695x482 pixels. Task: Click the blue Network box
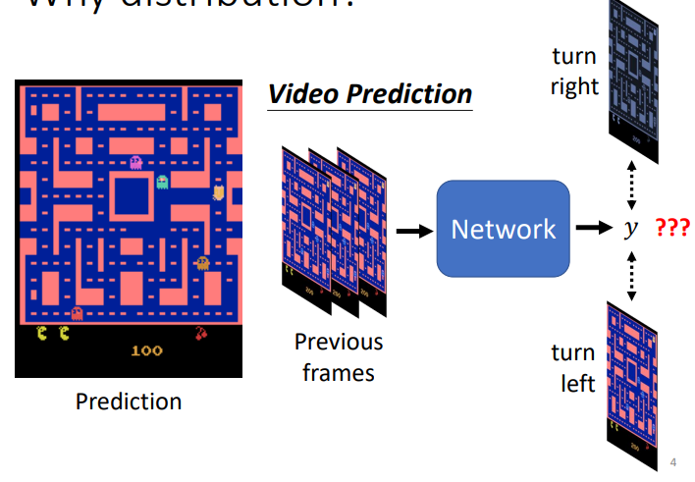(503, 229)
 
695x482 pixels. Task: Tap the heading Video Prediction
(370, 94)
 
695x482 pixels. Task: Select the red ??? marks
(672, 229)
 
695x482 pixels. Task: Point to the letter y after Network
(631, 229)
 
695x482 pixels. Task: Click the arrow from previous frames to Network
(414, 230)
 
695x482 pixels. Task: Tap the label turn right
(574, 72)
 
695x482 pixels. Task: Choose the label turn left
(573, 367)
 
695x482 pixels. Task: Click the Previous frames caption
(339, 356)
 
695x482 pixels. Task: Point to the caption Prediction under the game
(129, 402)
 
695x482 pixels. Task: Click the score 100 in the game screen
(146, 350)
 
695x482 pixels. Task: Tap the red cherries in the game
(202, 333)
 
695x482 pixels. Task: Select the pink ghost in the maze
(135, 162)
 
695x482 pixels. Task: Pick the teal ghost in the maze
(162, 182)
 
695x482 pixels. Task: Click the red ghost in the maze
(77, 313)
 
